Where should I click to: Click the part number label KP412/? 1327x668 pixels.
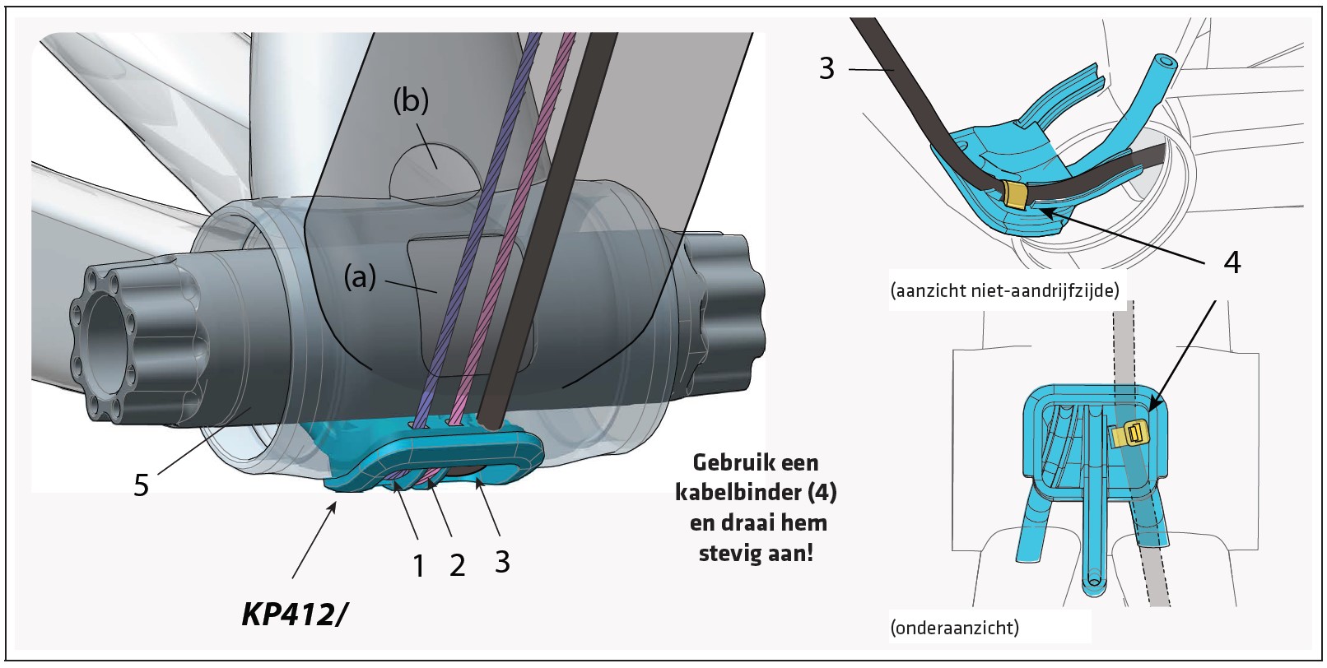(293, 613)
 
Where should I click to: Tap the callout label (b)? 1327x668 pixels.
(411, 101)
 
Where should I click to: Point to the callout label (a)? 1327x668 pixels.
(360, 277)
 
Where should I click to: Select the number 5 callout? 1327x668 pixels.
(141, 485)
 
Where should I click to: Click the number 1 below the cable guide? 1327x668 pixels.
(419, 566)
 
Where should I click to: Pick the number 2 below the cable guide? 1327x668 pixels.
(458, 566)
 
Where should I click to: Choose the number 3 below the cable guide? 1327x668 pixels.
(502, 562)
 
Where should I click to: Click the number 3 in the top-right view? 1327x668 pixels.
(826, 68)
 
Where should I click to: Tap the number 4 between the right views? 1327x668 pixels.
(1232, 262)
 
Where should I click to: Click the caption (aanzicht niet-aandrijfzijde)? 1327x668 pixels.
(1004, 290)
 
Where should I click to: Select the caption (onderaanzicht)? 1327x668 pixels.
(954, 628)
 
